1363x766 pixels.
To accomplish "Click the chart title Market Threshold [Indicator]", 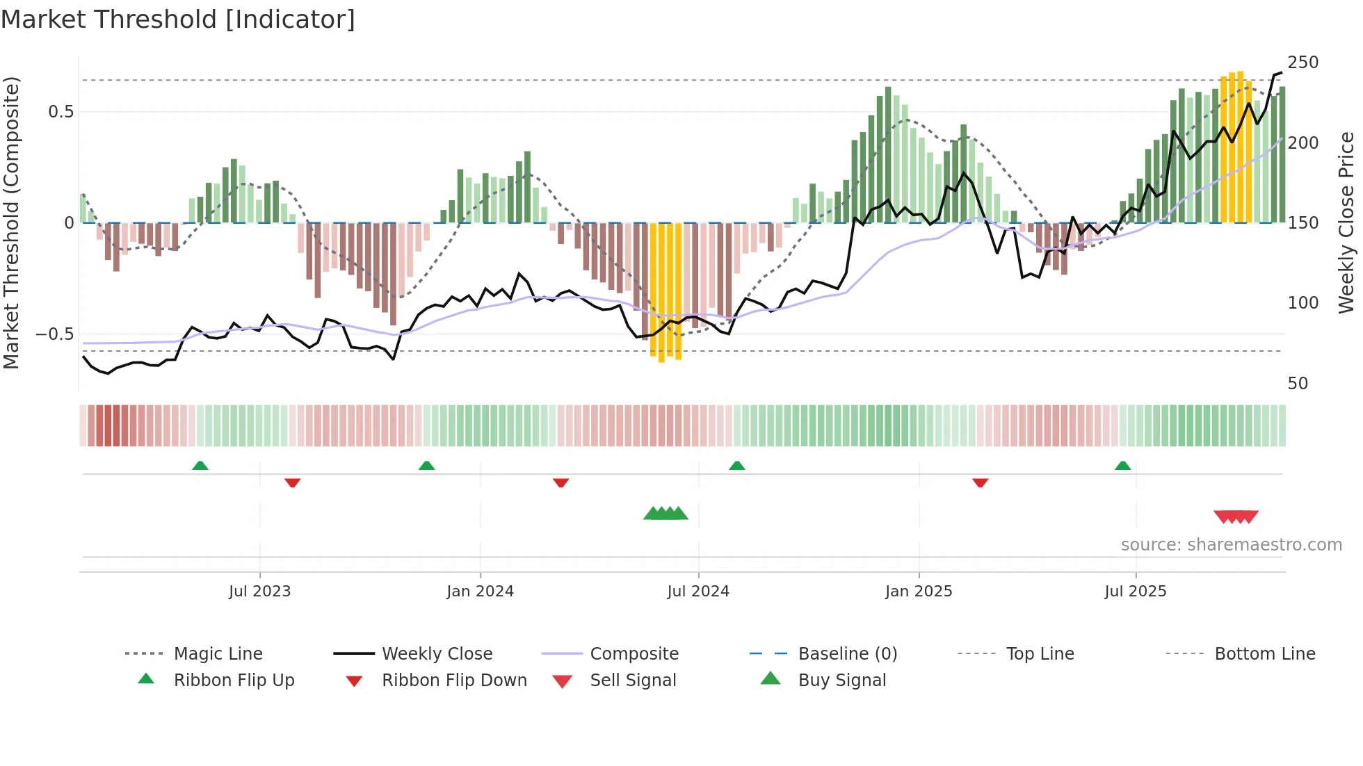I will pos(178,19).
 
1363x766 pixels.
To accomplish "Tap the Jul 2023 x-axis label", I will pos(259,592).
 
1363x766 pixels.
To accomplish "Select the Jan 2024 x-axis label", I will pos(480,592).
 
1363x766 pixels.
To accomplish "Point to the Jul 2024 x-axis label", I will pos(698,592).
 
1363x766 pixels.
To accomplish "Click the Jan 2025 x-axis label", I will pos(919,592).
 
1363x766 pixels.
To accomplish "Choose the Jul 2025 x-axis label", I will pos(1136,592).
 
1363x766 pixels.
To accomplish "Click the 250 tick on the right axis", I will pos(1302,63).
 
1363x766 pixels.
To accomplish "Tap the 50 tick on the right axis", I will pos(1298,384).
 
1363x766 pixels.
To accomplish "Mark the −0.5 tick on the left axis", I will pos(54,334).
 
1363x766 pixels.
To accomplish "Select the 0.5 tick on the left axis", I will pos(61,112).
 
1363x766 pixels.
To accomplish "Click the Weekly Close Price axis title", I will pos(1346,222).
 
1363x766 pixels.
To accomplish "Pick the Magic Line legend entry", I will pos(218,654).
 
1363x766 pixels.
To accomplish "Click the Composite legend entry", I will pos(634,654).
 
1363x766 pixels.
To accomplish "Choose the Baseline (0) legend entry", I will pos(847,654).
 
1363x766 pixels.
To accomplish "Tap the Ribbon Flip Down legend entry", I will pos(453,681).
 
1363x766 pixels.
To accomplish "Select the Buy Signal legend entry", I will pos(841,681).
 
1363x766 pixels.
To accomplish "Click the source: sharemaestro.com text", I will pos(1231,545).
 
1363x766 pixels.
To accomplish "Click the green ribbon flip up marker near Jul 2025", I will pos(1122,466).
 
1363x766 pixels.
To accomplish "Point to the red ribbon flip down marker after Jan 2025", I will pos(980,482).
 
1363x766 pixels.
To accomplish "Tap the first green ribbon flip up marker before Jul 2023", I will pos(200,466).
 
